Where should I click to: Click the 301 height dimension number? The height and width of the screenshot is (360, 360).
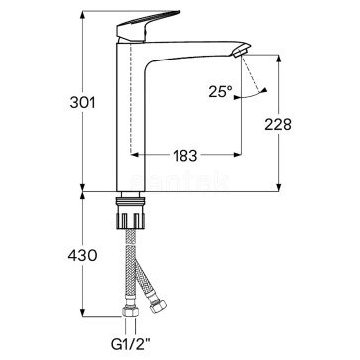click(82, 103)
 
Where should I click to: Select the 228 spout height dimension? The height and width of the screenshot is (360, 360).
click(278, 124)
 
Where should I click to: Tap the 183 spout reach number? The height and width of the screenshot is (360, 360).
click(185, 155)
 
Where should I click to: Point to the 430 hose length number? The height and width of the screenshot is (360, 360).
click(82, 255)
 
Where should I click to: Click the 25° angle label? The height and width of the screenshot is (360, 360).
click(220, 91)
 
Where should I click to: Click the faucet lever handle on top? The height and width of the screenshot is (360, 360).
click(147, 26)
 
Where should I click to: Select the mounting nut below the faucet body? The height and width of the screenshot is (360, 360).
click(131, 213)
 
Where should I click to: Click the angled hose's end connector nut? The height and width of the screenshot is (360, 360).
click(157, 306)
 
